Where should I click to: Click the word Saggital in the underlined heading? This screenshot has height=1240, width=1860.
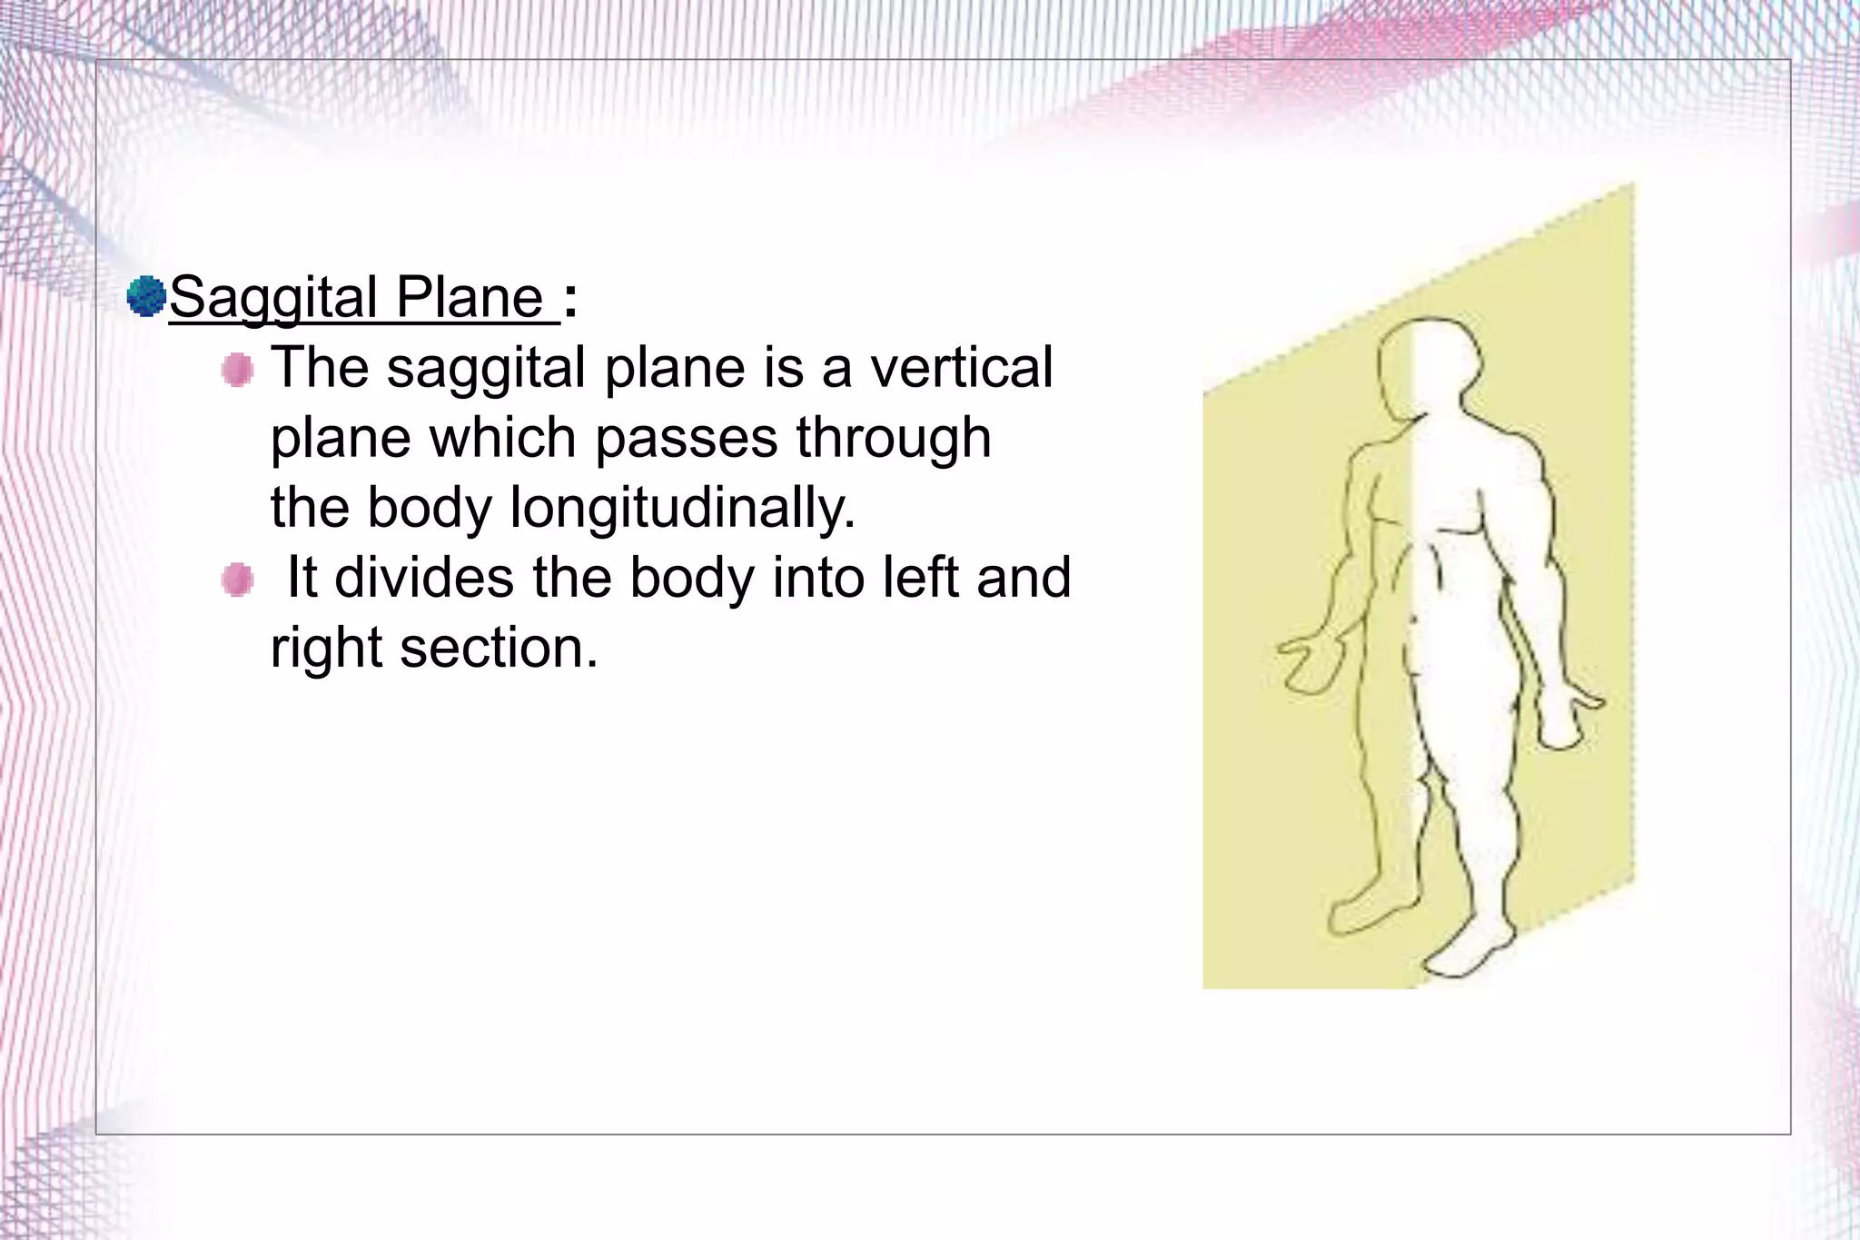273,298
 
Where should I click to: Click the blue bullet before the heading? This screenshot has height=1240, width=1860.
146,296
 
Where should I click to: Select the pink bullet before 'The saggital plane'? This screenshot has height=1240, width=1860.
238,370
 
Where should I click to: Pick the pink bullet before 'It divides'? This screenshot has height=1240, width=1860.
238,579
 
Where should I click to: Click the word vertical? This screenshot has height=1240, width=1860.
961,368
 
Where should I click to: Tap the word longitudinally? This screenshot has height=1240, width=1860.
682,507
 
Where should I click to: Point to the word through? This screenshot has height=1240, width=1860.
894,439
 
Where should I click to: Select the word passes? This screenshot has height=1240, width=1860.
687,439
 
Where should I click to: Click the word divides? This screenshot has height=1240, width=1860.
424,578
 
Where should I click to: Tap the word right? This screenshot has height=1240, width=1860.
327,649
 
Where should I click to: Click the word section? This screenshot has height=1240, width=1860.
499,649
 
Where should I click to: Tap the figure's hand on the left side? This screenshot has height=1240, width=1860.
1308,663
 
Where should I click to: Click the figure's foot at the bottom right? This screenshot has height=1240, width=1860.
1467,954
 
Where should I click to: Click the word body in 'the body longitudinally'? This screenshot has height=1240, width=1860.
429,507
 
